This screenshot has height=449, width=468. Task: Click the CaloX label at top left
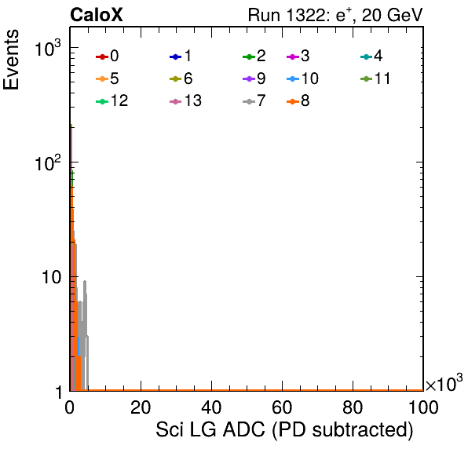[x=97, y=15]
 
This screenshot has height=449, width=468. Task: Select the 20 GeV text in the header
[x=392, y=15]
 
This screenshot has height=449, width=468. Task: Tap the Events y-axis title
[x=11, y=60]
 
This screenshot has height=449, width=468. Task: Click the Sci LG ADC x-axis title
[x=284, y=429]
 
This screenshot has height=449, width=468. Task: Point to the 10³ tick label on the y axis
[x=48, y=49]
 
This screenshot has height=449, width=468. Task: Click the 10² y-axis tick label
[x=48, y=163]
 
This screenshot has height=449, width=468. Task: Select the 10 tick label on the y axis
[x=51, y=277]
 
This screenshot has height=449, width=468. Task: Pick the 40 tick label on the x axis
[x=211, y=407]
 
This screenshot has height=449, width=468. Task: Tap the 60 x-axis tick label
[x=282, y=407]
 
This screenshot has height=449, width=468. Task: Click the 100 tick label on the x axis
[x=423, y=407]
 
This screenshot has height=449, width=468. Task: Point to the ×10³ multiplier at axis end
[x=444, y=382]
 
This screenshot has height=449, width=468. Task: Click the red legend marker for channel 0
[x=102, y=57]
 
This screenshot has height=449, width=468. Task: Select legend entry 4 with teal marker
[x=371, y=56]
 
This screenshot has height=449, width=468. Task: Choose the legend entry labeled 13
[x=185, y=100]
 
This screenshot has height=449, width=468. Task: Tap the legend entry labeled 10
[x=302, y=78]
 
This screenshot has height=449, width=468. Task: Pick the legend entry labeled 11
[x=375, y=78]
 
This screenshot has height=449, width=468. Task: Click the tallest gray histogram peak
[x=85, y=281]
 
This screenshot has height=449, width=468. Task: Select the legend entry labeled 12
[x=112, y=100]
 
